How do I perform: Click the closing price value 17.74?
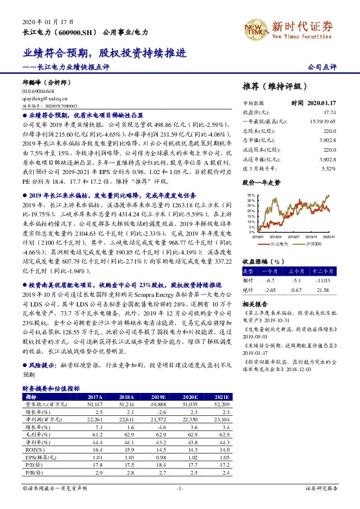(329, 113)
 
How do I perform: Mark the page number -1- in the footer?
(180, 488)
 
